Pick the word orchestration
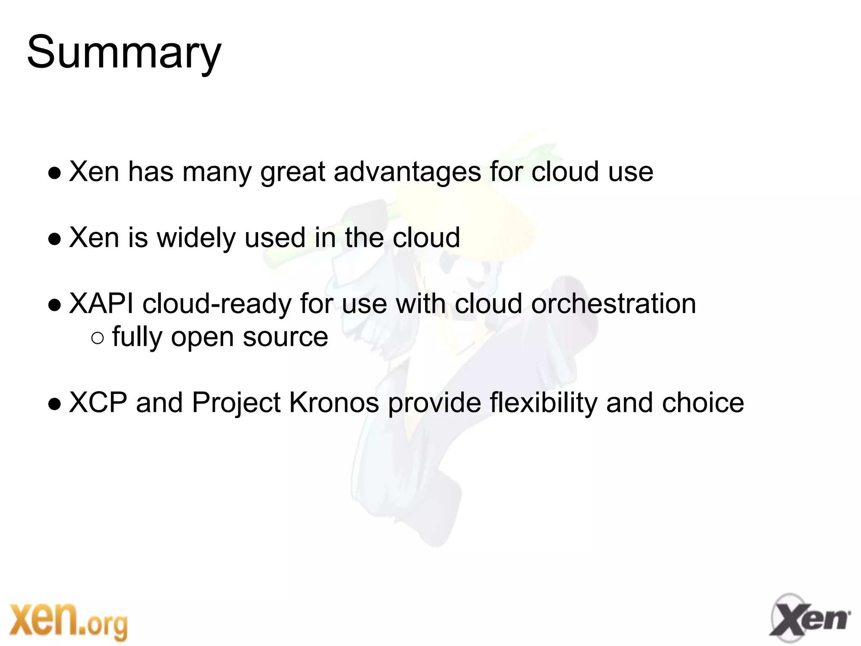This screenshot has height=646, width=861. (613, 303)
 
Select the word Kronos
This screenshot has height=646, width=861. (334, 402)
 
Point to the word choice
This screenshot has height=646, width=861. (703, 402)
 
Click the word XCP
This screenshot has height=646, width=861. (98, 402)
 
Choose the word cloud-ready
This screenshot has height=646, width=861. (217, 303)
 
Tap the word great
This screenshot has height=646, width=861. (293, 172)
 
